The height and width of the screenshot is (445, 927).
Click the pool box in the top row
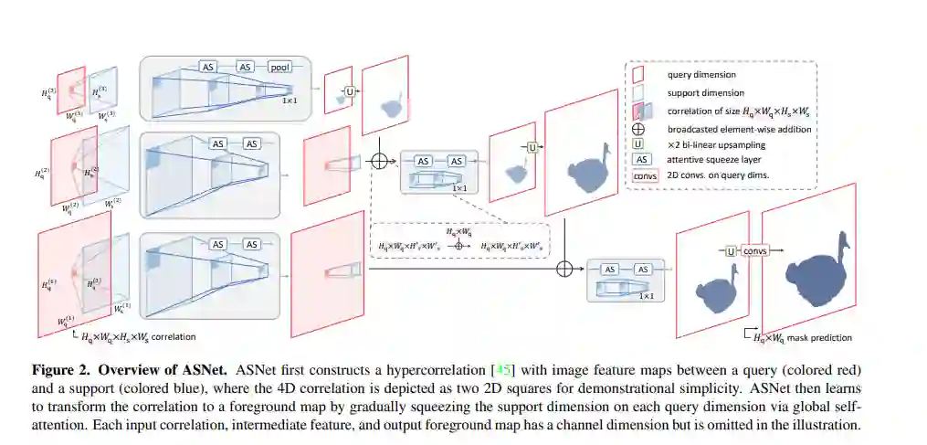coord(279,67)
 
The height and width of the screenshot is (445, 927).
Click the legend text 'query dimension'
coord(701,75)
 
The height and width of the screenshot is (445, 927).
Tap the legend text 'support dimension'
coord(705,92)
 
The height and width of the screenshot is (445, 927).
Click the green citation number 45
coord(501,369)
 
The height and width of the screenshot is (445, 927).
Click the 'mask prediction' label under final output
coord(820,337)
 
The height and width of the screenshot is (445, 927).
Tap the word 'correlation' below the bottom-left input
coord(174,336)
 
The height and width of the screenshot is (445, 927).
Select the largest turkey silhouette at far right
coord(816,261)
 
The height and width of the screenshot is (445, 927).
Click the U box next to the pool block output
coord(349,91)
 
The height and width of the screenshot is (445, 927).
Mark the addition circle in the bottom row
coord(564,268)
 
